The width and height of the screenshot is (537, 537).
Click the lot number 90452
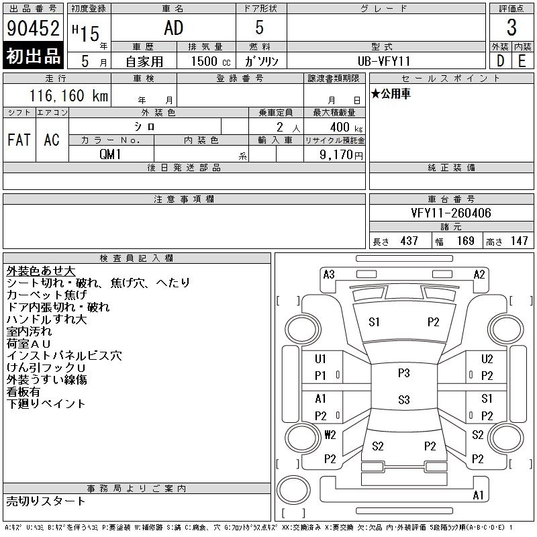(33, 28)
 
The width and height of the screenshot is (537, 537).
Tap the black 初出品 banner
(33, 56)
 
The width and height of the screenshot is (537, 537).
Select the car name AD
(174, 28)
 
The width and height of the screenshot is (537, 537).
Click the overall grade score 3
(511, 28)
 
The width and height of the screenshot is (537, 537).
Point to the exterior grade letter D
(500, 61)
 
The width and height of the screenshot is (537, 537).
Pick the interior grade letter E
(522, 61)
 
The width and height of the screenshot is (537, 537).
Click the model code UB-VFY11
(383, 61)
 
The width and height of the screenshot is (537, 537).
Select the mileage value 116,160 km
(68, 95)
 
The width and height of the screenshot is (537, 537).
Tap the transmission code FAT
(19, 140)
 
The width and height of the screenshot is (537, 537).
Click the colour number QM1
(110, 154)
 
